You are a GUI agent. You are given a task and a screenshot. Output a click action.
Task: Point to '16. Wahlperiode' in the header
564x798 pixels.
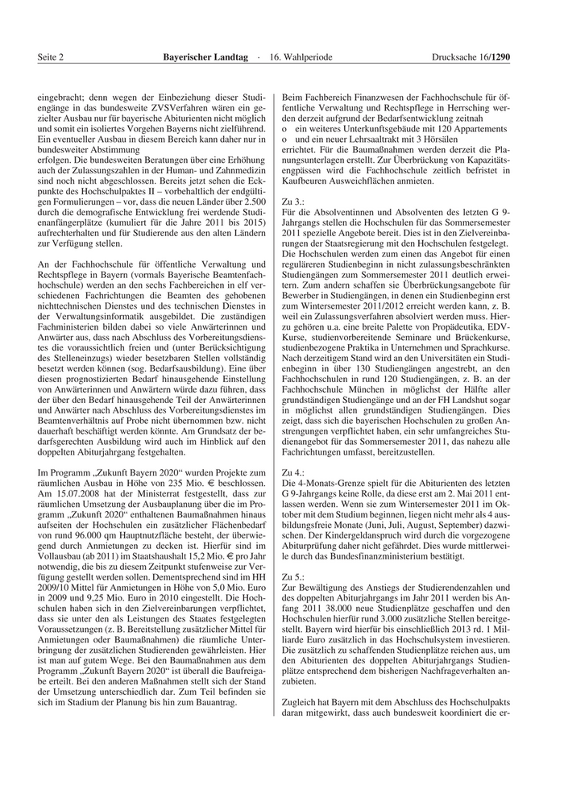301,57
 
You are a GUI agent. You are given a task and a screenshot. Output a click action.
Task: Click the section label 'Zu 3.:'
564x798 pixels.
293,200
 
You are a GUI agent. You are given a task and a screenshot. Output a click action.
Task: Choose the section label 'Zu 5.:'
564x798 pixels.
293,578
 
